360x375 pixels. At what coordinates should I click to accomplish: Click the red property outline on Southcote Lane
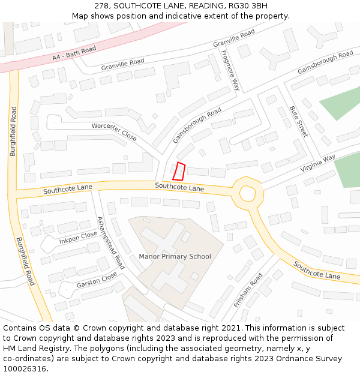(x=178, y=171)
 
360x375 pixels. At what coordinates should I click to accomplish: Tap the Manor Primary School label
(x=175, y=257)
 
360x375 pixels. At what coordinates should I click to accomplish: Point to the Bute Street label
(x=298, y=121)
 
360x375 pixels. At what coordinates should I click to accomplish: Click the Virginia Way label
(x=318, y=163)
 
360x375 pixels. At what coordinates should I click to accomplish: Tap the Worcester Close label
(x=114, y=131)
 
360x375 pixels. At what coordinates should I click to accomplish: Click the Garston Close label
(x=97, y=280)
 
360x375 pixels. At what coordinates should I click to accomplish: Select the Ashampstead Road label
(x=110, y=242)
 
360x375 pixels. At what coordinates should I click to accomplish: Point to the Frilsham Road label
(x=248, y=290)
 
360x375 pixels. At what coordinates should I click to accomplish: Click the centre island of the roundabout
(x=247, y=193)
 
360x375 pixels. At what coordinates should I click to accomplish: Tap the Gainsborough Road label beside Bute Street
(x=325, y=62)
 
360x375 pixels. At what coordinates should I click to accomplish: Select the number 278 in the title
(x=101, y=5)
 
